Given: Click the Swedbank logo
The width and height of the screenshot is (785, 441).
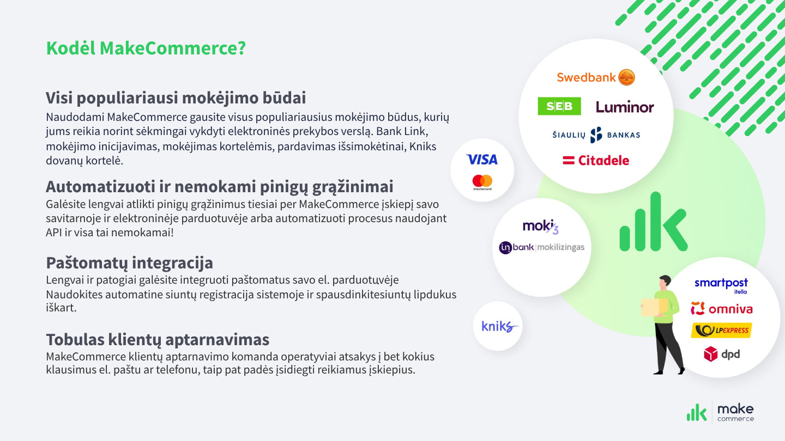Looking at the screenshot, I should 596,77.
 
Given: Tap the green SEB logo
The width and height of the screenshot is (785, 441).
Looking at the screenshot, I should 559,106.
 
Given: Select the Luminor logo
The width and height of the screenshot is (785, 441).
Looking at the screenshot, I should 625,107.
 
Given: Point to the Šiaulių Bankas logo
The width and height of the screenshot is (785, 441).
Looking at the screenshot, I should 596,135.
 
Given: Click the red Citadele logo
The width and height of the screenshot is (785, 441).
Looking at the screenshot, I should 596,161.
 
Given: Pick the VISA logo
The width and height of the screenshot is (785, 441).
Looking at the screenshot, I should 482,160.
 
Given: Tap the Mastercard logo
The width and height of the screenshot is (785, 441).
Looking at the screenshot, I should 482,182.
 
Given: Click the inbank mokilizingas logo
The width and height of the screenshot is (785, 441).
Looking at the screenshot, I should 541,248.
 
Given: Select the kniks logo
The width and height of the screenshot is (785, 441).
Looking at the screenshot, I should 498,327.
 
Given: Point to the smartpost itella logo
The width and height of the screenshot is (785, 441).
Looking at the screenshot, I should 721,285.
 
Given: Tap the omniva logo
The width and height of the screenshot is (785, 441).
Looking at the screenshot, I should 721,309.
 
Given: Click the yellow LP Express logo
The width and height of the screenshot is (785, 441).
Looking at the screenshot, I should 721,330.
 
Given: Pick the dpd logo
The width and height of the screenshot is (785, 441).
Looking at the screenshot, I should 721,354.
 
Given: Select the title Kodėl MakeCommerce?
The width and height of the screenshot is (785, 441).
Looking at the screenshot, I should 146,48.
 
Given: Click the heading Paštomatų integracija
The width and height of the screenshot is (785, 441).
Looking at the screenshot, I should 129,263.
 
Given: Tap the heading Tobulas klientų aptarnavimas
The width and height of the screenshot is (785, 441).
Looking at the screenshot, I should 158,340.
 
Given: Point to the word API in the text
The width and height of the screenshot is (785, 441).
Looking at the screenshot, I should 55,232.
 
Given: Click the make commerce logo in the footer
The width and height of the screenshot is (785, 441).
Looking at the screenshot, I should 720,413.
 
